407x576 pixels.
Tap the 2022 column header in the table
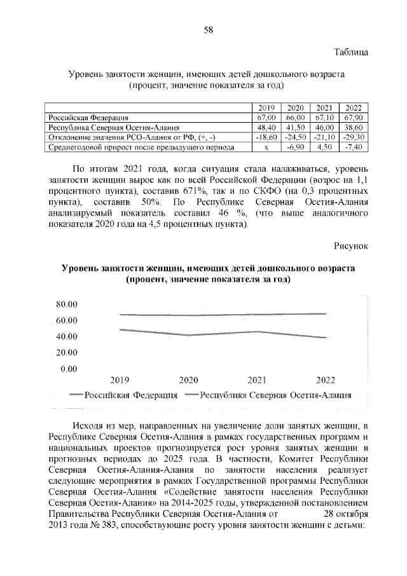[352, 108]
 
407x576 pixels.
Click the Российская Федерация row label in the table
[89, 118]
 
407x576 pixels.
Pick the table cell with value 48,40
[266, 127]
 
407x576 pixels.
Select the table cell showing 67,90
[352, 118]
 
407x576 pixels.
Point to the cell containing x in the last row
[266, 147]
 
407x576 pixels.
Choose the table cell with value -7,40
[352, 147]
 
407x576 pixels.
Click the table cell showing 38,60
[352, 127]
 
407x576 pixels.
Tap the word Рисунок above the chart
[350, 246]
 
